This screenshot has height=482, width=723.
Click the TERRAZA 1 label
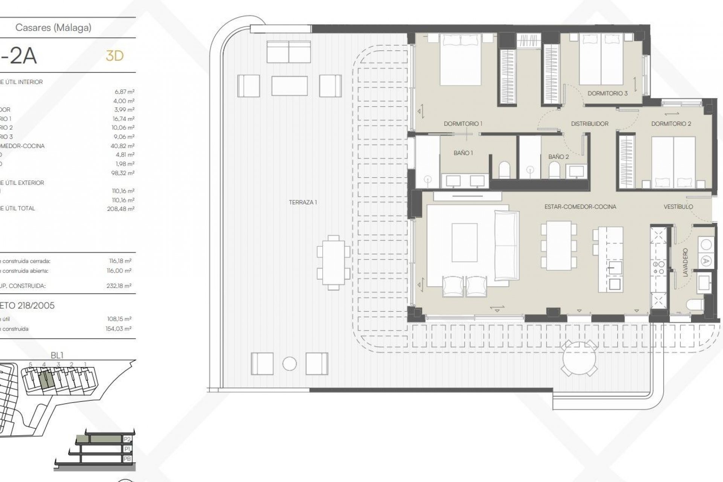point(303,202)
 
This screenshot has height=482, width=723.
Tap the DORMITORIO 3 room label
point(607,93)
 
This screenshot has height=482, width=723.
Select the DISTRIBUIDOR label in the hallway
point(589,124)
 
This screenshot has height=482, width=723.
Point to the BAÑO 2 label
point(558,157)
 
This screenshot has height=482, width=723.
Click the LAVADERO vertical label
point(685,262)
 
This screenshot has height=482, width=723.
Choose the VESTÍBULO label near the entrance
point(678,207)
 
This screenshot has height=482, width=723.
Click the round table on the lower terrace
point(580,358)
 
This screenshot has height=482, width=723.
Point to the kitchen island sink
point(615,269)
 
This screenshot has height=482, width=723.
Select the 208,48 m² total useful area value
point(120,209)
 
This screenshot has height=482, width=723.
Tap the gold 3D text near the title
point(114,56)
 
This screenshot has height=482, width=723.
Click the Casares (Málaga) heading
point(53,27)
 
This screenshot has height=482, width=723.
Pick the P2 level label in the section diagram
point(127,439)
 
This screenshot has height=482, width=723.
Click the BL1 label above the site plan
point(57,355)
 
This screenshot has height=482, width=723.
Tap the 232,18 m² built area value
point(119,286)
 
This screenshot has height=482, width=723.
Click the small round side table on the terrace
point(289,364)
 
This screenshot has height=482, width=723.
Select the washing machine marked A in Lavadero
point(706,261)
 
